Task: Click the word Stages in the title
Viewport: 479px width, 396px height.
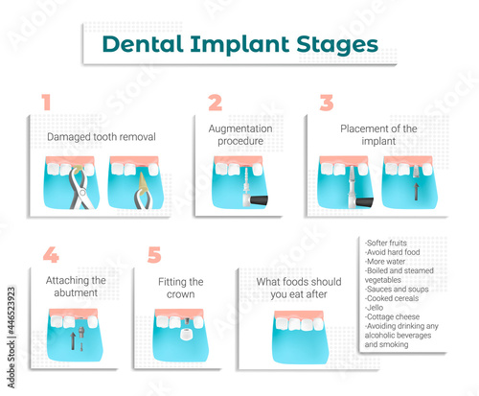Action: pyautogui.click(x=337, y=45)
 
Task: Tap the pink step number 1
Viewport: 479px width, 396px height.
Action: pyautogui.click(x=46, y=103)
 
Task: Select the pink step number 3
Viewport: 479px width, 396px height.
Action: pyautogui.click(x=327, y=103)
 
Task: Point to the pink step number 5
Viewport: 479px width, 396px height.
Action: pyautogui.click(x=154, y=255)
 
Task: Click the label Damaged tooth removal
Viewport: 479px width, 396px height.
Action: pyautogui.click(x=102, y=137)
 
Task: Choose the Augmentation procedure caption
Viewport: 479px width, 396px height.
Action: pyautogui.click(x=240, y=134)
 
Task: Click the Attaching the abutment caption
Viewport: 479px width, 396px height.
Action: pyautogui.click(x=76, y=287)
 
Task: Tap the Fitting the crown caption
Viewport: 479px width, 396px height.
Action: pyautogui.click(x=181, y=288)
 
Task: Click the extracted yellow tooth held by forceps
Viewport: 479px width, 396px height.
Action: pyautogui.click(x=143, y=183)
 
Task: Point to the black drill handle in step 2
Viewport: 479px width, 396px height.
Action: pyautogui.click(x=259, y=200)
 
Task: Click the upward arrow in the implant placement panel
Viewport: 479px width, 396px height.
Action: pyautogui.click(x=416, y=192)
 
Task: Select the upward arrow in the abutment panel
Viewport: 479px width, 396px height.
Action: pyautogui.click(x=73, y=340)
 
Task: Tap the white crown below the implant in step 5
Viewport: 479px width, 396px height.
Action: pyautogui.click(x=186, y=335)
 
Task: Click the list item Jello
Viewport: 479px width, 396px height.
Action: pyautogui.click(x=374, y=308)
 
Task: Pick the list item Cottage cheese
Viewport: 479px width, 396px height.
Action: pyautogui.click(x=392, y=316)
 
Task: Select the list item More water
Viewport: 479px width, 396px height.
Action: pyautogui.click(x=385, y=262)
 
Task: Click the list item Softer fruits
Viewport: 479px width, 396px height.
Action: pyautogui.click(x=386, y=243)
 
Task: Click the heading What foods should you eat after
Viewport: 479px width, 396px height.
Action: pyautogui.click(x=299, y=288)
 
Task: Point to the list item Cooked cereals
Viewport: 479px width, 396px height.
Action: pyautogui.click(x=392, y=298)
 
